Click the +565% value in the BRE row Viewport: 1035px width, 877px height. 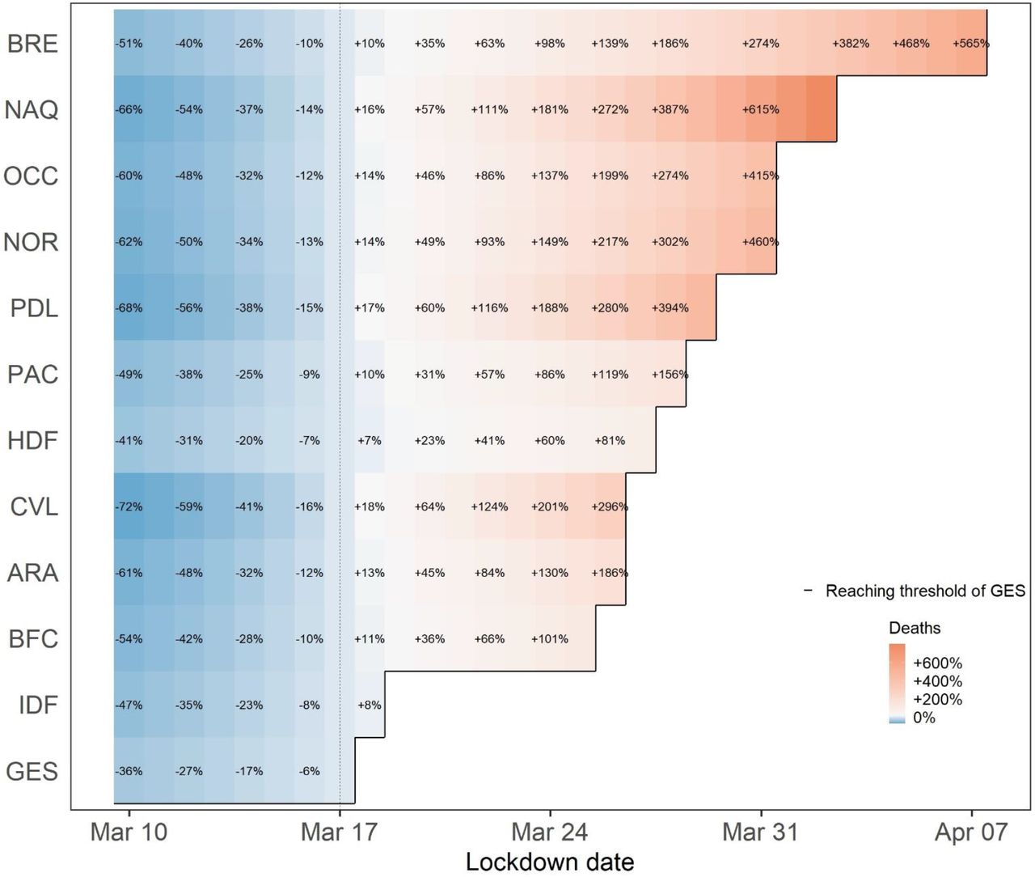(971, 44)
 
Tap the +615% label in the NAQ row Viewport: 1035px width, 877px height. (761, 109)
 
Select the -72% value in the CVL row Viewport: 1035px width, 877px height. (129, 506)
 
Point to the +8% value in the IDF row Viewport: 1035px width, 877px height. (370, 705)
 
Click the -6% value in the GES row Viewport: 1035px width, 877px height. (310, 771)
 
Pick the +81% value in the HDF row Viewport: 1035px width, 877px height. (610, 440)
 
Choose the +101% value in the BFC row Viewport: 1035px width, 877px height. (550, 639)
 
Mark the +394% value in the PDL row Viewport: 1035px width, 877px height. (670, 307)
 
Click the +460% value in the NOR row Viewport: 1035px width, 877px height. (761, 242)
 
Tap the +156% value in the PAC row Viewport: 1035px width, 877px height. (670, 375)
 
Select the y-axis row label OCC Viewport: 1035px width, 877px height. (31, 176)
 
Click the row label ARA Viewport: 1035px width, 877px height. (33, 573)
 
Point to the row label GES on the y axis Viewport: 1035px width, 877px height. (32, 771)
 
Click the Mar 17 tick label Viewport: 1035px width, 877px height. (339, 833)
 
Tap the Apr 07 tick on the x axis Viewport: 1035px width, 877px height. (971, 833)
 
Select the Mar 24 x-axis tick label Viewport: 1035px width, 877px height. (550, 833)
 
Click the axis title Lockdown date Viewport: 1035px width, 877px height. (550, 862)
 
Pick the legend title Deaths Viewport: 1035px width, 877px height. (915, 628)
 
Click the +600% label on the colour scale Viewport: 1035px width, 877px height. (938, 663)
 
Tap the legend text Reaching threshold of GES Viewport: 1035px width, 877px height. (925, 591)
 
